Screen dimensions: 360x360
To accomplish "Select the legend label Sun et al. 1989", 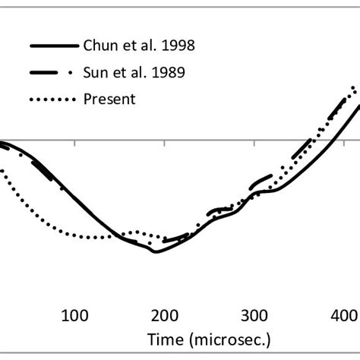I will (x=137, y=73).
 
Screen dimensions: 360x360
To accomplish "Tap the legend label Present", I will (x=109, y=99).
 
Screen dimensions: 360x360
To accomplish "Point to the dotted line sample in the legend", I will (x=53, y=99).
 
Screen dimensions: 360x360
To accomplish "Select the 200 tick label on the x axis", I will (x=163, y=315).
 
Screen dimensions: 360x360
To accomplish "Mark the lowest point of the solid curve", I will (x=156, y=251).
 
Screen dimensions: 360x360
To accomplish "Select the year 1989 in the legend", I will (x=171, y=73).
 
